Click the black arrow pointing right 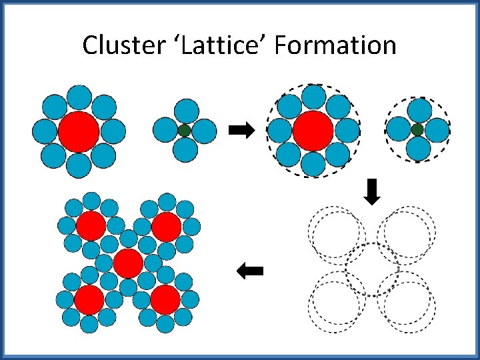pyautogui.click(x=241, y=130)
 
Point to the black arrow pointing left pyautogui.click(x=251, y=271)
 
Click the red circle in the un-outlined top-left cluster pyautogui.click(x=79, y=131)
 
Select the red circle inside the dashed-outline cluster pyautogui.click(x=313, y=131)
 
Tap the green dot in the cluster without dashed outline pyautogui.click(x=185, y=131)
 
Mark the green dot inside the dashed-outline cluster pyautogui.click(x=417, y=129)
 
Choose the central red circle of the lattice pyautogui.click(x=127, y=263)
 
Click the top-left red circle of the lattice pyautogui.click(x=91, y=227)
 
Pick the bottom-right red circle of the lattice pyautogui.click(x=165, y=299)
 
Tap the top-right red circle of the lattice pyautogui.click(x=166, y=227)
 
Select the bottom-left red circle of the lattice pyautogui.click(x=89, y=300)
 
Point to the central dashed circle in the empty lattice pyautogui.click(x=372, y=269)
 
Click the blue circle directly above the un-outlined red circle pyautogui.click(x=79, y=97)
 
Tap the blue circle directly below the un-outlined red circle pyautogui.click(x=79, y=165)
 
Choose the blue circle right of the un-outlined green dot pyautogui.click(x=205, y=131)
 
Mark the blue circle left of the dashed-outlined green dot pyautogui.click(x=398, y=129)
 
